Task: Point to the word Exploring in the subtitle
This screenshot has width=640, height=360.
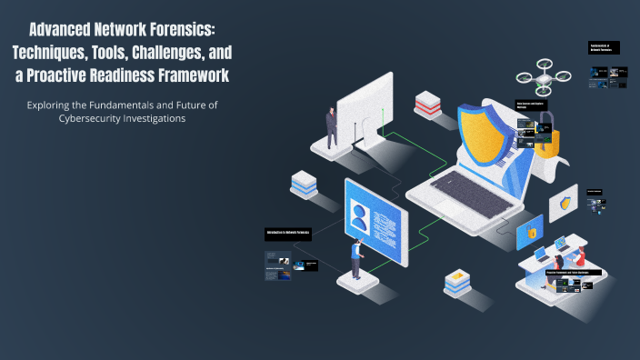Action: click(56, 105)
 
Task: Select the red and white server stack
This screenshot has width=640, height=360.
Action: click(426, 105)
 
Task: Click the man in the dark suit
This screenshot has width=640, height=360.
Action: click(332, 127)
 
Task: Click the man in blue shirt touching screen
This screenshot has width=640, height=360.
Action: click(356, 259)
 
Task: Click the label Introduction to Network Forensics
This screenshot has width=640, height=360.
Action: click(288, 234)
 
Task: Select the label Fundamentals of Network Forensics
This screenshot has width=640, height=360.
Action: click(604, 47)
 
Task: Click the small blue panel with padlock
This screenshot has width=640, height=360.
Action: click(529, 232)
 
